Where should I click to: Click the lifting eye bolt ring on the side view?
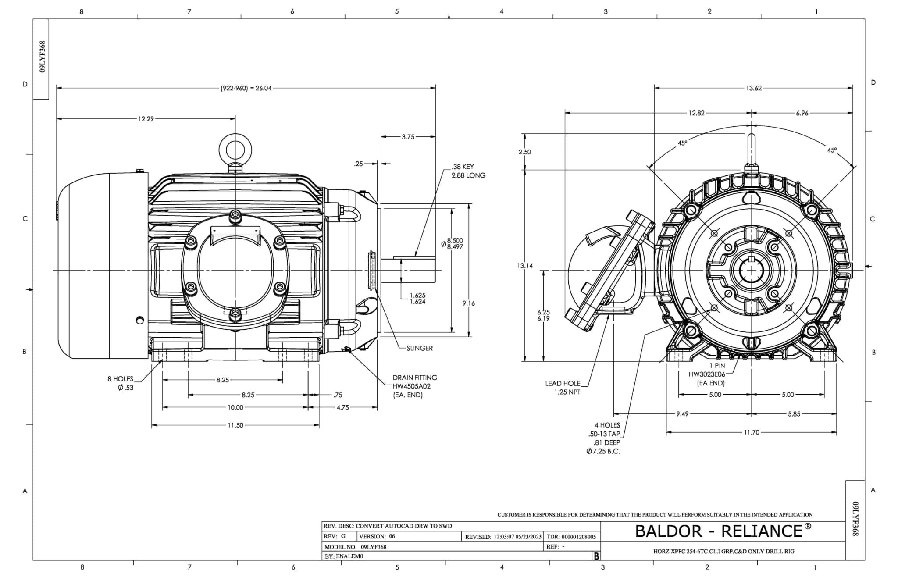tap(235, 148)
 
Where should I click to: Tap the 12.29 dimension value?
tap(146, 119)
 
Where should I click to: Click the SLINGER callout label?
tap(419, 348)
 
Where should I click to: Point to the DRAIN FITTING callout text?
tap(415, 378)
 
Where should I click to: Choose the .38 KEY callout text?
tap(462, 167)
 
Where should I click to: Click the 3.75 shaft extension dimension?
tap(408, 137)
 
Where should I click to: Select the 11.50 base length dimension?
tap(235, 425)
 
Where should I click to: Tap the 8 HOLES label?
tap(120, 379)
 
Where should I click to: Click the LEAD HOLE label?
tap(563, 383)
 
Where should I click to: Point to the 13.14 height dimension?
tap(525, 266)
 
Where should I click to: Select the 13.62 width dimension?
tap(754, 88)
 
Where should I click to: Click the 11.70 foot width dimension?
tap(751, 432)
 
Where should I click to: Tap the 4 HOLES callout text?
tap(607, 425)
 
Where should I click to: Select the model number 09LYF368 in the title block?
tap(374, 547)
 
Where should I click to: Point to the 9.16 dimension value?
tap(468, 303)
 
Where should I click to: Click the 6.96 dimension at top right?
tap(802, 113)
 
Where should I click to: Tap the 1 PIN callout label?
tap(717, 365)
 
